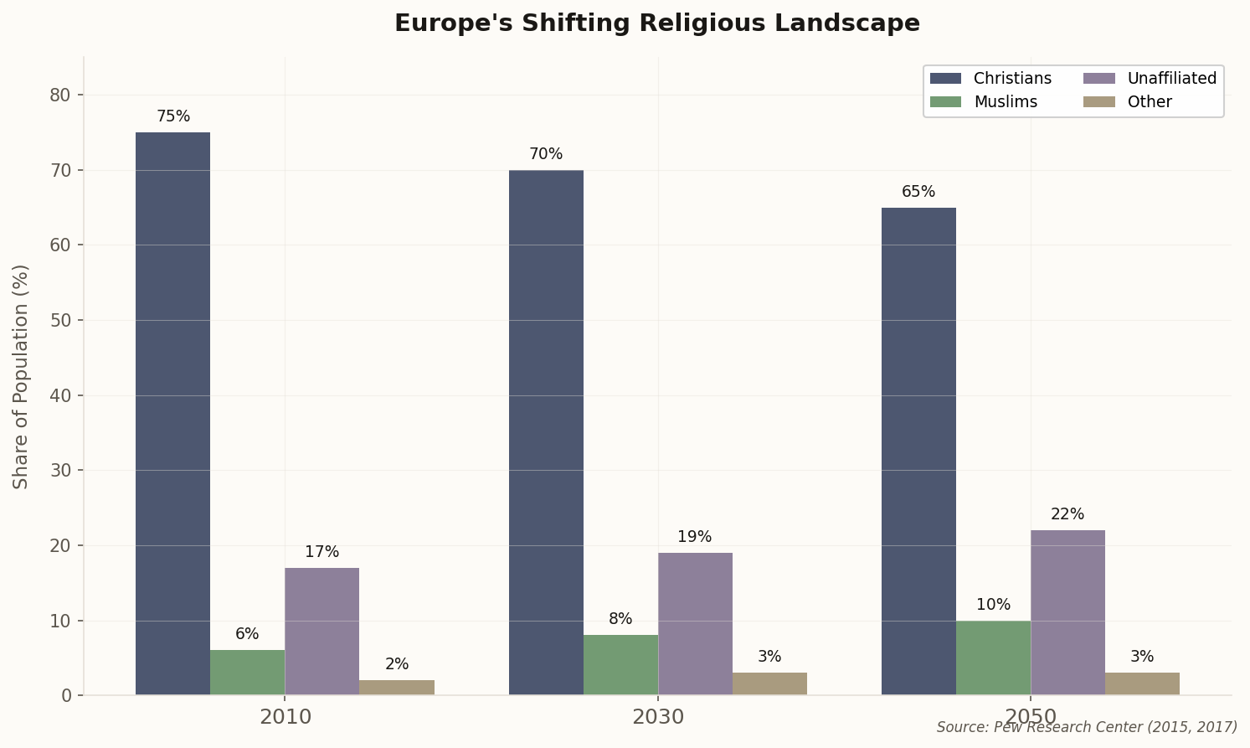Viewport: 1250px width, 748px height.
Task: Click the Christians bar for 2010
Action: (172, 414)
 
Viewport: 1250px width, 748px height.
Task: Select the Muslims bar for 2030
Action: (620, 665)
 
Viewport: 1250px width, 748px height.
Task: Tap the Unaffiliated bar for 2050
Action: (1067, 612)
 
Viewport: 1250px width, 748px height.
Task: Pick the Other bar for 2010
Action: (397, 688)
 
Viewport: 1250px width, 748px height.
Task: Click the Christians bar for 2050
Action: (918, 451)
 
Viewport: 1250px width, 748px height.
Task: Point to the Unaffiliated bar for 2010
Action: (322, 632)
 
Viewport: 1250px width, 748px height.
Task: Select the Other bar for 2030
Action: (769, 684)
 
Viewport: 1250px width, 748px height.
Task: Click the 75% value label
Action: (173, 116)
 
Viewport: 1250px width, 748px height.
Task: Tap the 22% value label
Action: (1067, 514)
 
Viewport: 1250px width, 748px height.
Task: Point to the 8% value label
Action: (620, 619)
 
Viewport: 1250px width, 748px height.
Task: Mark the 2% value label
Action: (397, 664)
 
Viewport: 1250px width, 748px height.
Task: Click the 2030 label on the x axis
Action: (658, 717)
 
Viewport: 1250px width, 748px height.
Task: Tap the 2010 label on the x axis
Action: (285, 717)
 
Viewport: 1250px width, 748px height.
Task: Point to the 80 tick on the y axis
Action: (60, 95)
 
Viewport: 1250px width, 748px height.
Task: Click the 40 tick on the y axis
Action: (60, 395)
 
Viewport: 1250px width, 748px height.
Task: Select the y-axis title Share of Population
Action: (21, 376)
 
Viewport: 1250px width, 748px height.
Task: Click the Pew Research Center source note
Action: (1086, 727)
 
